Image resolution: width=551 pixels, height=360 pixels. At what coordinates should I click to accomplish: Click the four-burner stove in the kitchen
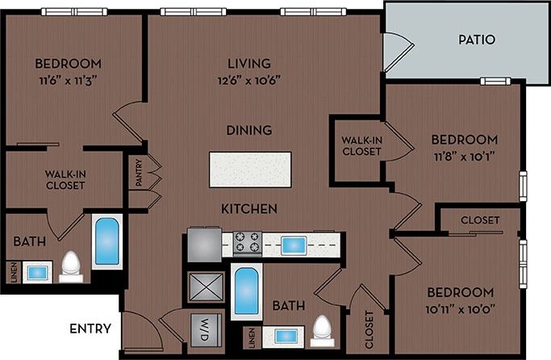246,243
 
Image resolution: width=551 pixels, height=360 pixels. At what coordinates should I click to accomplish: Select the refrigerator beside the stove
204,244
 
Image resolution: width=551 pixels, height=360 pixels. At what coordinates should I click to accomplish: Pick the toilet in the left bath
71,266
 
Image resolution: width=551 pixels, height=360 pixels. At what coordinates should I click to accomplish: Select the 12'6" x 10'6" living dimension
248,79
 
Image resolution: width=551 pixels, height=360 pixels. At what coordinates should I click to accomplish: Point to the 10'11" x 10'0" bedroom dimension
458,308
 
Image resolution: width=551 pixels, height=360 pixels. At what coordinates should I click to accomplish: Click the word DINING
248,130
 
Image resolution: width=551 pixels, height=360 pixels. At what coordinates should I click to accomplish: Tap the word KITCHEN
249,209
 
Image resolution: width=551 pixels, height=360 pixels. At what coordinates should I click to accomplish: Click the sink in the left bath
36,273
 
